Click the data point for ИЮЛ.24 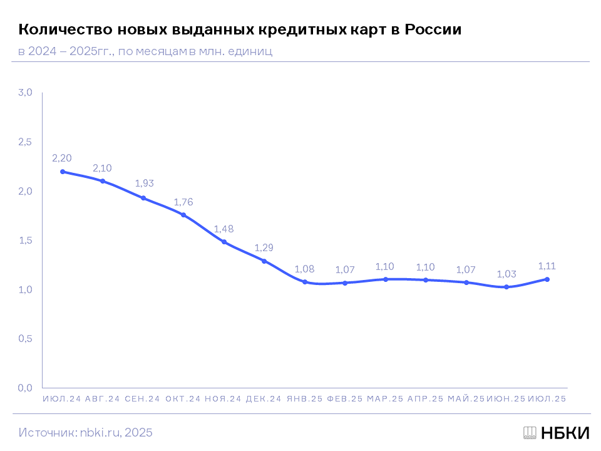coord(63,172)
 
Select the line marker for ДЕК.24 coord(264,261)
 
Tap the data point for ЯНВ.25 coord(305,282)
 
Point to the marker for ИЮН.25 coord(506,287)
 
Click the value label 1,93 coord(144,184)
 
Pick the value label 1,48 coord(224,229)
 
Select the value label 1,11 coord(547,266)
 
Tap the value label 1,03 coord(506,274)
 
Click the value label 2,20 coord(63,158)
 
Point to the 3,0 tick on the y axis coord(24,93)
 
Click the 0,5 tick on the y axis coord(24,339)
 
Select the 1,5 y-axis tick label coord(24,241)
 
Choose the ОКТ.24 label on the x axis coord(183,399)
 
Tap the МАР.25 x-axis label coord(385,399)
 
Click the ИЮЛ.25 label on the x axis coord(547,399)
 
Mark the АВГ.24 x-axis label coord(103,399)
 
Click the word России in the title coord(433,29)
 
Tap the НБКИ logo coord(556,432)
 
